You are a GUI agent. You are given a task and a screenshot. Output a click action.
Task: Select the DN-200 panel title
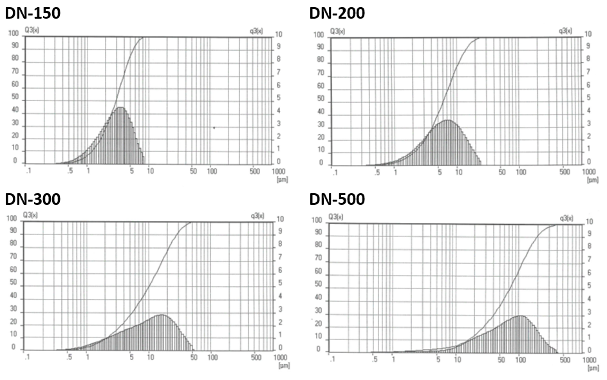pos(337,12)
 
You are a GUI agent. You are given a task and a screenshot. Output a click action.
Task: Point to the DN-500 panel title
pos(337,199)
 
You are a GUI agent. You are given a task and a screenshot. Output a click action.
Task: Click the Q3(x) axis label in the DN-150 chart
pos(32,30)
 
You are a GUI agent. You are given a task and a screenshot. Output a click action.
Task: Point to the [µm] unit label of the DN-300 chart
pos(282,365)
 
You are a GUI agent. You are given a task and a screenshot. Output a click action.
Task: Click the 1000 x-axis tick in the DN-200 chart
pos(588,173)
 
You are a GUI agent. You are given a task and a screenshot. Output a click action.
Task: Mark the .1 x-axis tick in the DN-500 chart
pos(332,359)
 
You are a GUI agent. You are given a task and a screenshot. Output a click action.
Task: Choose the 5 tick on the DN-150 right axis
pos(278,98)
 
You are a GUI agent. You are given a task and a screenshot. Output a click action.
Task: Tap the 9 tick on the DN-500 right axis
pos(588,233)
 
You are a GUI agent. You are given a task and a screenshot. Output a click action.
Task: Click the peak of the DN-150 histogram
pos(120,108)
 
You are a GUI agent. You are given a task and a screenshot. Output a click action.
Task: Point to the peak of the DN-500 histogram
pos(519,316)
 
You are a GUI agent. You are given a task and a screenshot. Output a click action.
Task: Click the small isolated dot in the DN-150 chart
pos(214,128)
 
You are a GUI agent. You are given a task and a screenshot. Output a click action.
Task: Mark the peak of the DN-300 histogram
pos(160,315)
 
